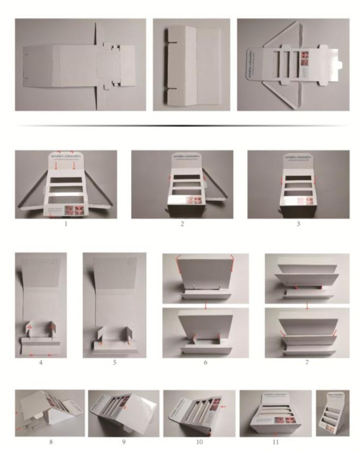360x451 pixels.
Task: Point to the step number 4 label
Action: coord(41,363)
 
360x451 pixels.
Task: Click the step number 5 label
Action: coord(114,363)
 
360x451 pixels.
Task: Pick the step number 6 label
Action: coord(205,363)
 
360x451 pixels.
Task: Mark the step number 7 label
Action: coord(307,363)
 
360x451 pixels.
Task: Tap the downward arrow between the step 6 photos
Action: coord(205,306)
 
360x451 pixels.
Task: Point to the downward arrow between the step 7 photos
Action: coord(307,306)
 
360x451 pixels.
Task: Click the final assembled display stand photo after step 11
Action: coord(332,413)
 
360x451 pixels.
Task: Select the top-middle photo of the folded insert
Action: coord(191,65)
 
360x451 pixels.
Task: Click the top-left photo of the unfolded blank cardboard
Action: coord(80,65)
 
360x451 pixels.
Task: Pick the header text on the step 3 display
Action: coord(299,158)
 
